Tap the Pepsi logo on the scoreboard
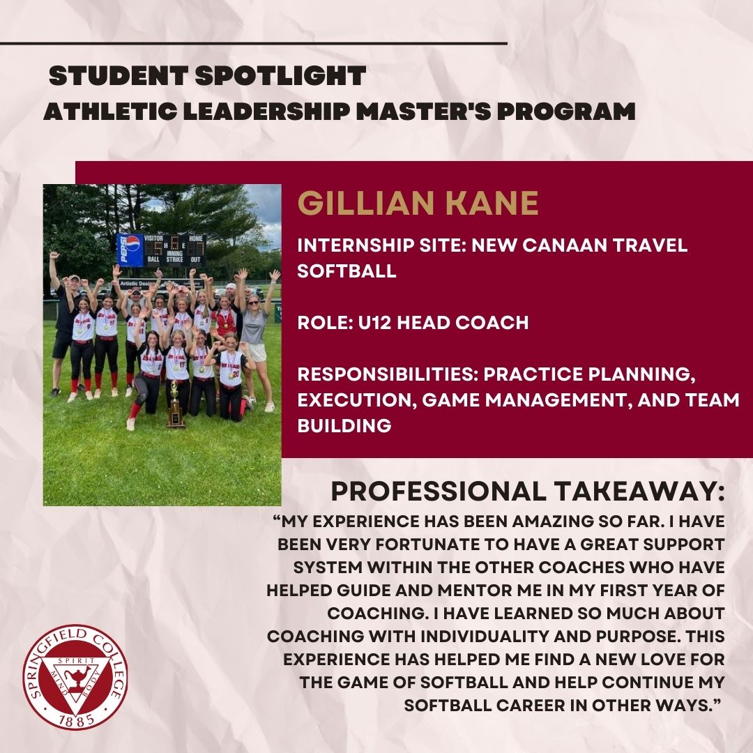(x=130, y=250)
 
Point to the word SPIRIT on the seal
(x=75, y=658)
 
